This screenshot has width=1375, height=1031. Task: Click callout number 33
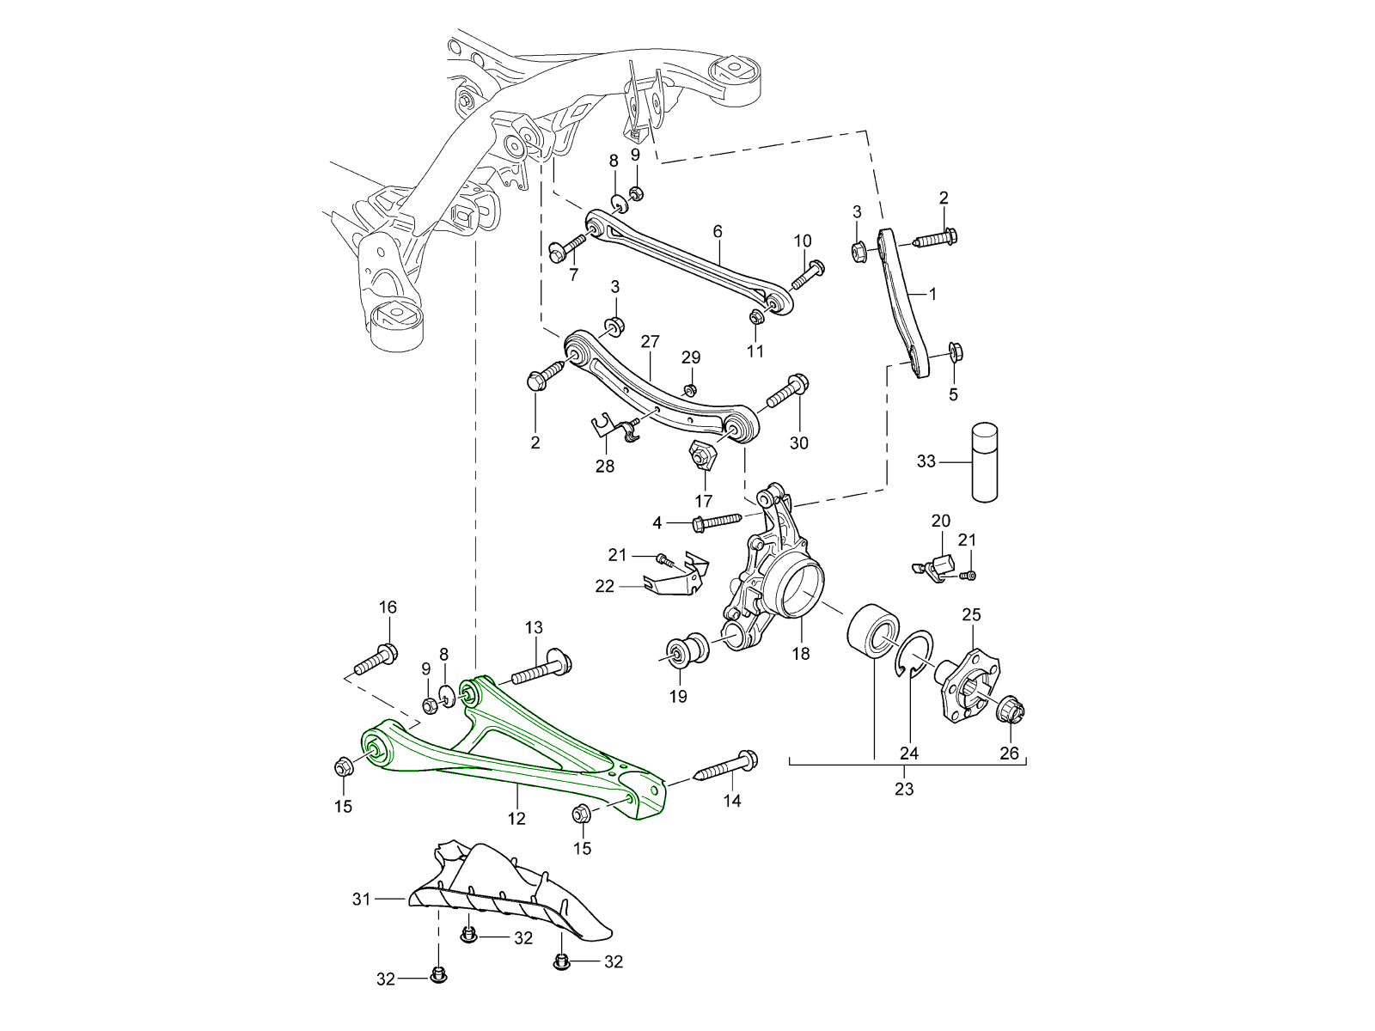(926, 461)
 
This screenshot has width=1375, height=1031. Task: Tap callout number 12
(516, 819)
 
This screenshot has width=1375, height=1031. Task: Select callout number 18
(801, 654)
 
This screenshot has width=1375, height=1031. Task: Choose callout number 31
(361, 900)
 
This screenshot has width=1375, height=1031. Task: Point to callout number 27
(650, 342)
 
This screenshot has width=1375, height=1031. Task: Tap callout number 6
(718, 231)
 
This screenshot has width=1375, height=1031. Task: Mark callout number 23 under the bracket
(904, 789)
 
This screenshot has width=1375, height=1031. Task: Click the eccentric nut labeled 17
(703, 454)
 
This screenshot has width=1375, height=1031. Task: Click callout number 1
(932, 294)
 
